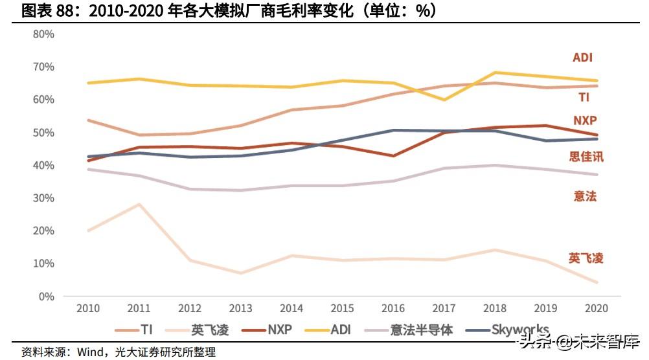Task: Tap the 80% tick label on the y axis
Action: [44, 34]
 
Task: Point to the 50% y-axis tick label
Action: [44, 133]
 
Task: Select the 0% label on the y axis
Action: [46, 297]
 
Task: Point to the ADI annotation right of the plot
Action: [583, 58]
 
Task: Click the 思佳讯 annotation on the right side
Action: [586, 157]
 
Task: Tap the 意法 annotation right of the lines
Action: [585, 196]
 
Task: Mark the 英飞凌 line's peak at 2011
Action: [139, 205]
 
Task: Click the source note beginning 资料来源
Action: [119, 352]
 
